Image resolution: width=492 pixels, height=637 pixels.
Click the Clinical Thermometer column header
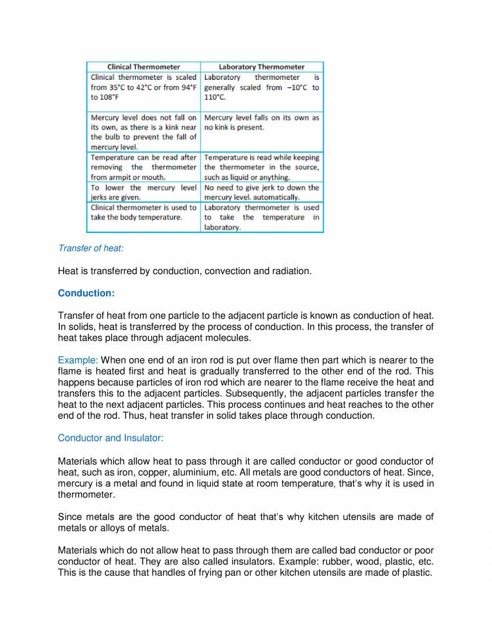143,66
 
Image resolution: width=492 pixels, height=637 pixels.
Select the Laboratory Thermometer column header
262,66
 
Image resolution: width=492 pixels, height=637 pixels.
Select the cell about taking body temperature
143,212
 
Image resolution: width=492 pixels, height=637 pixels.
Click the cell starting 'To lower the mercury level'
143,192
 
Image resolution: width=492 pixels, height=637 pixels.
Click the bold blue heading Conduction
86,293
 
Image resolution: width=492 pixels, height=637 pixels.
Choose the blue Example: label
78,360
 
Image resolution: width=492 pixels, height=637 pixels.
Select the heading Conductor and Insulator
111,438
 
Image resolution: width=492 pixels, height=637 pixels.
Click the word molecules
229,337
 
